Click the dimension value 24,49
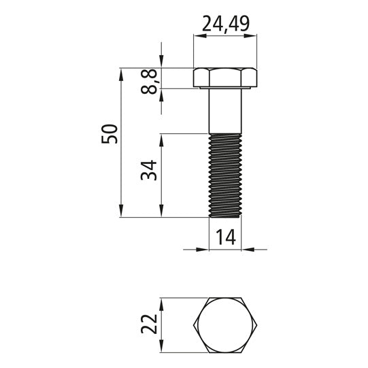[225, 24]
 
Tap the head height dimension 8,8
[149, 82]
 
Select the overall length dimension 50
[110, 134]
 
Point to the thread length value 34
[149, 170]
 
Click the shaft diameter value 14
[226, 237]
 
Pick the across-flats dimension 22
[149, 324]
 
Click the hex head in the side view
[225, 77]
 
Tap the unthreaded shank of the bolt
[225, 111]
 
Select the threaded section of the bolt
[225, 175]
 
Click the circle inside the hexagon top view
[225, 325]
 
